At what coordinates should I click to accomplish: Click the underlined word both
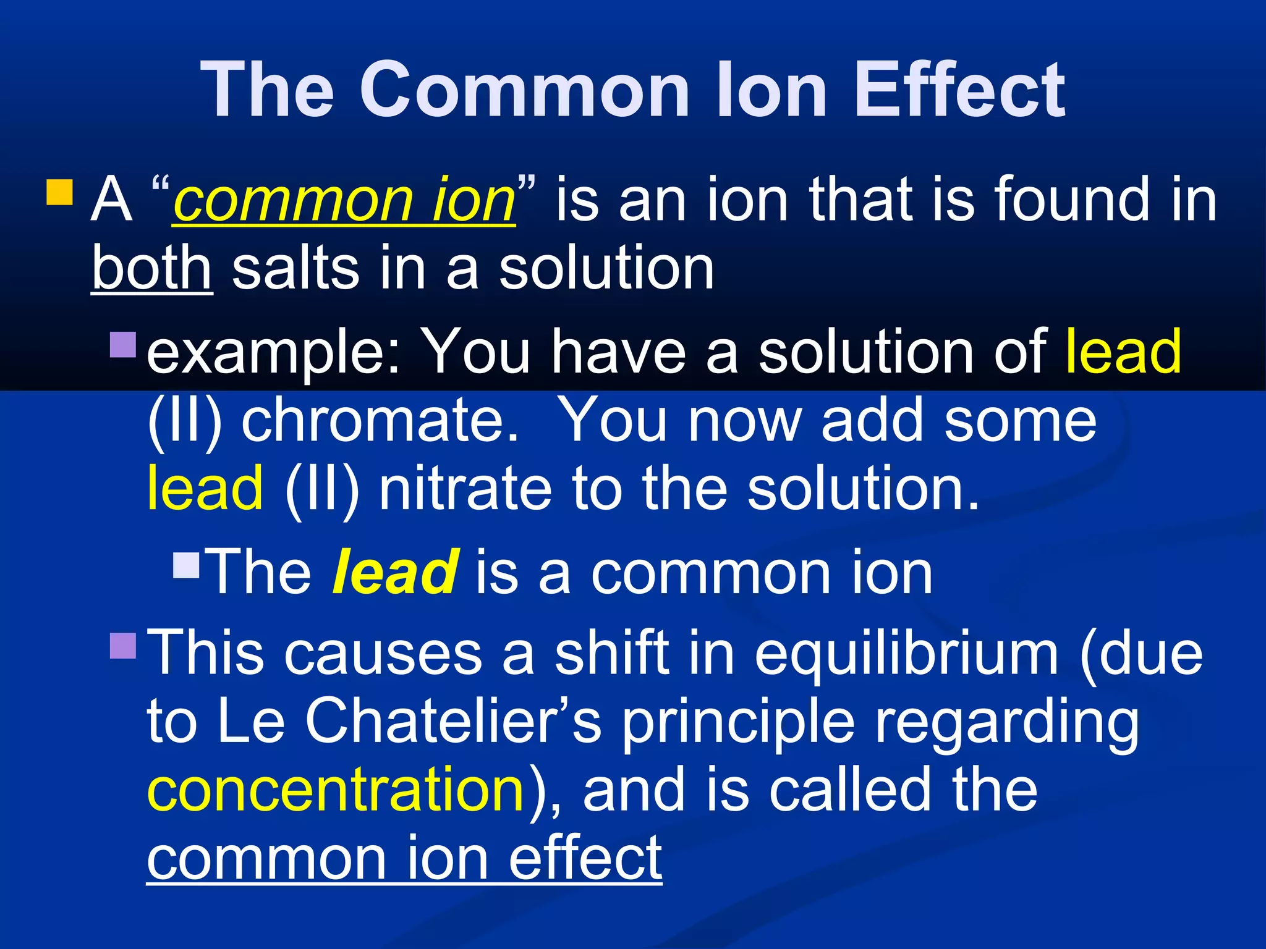[152, 269]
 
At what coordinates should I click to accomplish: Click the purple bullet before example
[123, 345]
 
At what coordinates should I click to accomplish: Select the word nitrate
[465, 489]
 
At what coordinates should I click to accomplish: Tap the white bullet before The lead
[187, 565]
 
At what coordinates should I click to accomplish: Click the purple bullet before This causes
[123, 646]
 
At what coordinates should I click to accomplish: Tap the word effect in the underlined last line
[585, 859]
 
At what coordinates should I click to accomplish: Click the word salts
[295, 269]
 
